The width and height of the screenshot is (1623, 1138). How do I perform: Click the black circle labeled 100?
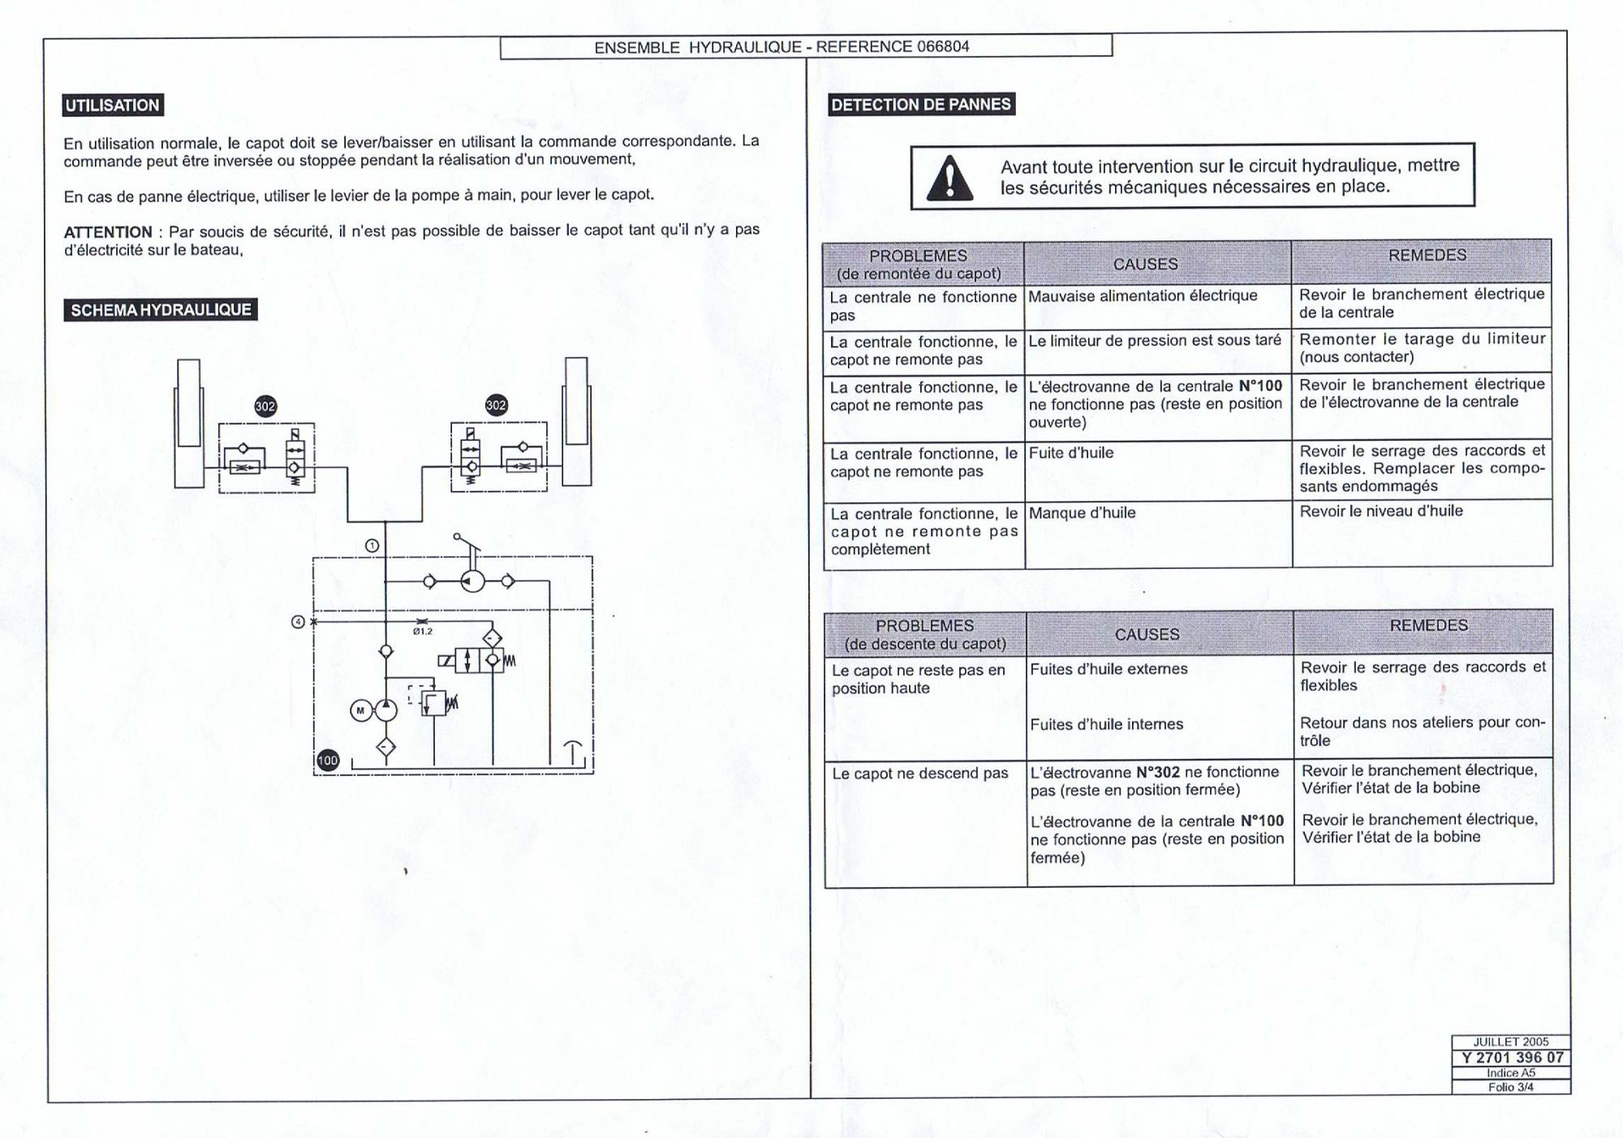327,761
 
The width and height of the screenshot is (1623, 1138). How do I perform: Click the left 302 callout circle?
265,407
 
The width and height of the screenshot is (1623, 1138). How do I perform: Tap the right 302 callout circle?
496,405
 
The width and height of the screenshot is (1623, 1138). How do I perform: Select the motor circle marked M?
360,710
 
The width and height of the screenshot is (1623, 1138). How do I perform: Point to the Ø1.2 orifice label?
423,632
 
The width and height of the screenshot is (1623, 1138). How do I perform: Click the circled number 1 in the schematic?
372,545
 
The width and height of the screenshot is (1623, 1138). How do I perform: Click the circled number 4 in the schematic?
298,622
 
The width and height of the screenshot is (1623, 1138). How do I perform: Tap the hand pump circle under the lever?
472,581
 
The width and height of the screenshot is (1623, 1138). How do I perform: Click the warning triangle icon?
949,179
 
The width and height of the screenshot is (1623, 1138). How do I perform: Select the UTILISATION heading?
113,106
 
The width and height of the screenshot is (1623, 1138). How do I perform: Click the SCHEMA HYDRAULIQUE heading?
161,310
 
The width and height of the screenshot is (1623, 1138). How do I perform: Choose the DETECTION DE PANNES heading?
921,105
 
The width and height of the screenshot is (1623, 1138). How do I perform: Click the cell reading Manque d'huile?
1082,513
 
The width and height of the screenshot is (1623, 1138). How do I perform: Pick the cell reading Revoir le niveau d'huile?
1380,511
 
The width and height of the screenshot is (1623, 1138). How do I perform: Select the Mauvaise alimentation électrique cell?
1143,296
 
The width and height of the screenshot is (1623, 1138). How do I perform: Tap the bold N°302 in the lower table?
1157,772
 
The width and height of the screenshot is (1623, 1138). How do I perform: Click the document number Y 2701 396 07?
1512,1058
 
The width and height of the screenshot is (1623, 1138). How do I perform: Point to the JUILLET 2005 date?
1511,1042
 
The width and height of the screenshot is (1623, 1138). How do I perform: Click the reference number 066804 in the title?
943,46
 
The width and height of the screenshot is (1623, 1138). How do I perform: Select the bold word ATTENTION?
108,232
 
